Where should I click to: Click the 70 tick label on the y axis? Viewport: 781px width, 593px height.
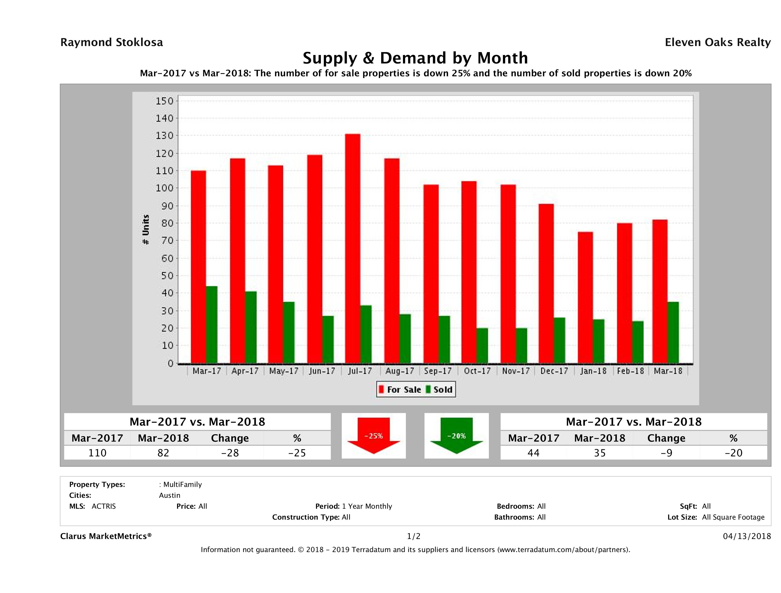(165, 241)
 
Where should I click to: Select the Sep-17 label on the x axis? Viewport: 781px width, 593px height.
(438, 371)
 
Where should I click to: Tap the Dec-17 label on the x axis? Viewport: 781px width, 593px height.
(554, 371)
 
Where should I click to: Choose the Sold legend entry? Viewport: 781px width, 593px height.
(440, 390)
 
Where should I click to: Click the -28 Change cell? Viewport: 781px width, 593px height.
(230, 453)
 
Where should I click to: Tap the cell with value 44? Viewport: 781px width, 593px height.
(533, 453)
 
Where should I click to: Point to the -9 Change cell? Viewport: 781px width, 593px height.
(666, 453)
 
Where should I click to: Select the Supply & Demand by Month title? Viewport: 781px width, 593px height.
(415, 58)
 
